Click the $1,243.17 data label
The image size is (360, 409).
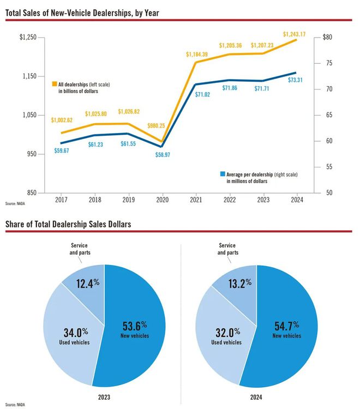pos(294,34)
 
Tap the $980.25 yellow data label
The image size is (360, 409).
pos(162,125)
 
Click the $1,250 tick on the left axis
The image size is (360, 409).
pos(28,37)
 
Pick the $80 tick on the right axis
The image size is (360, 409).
pos(327,37)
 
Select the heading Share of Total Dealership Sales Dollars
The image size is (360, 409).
pos(68,224)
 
